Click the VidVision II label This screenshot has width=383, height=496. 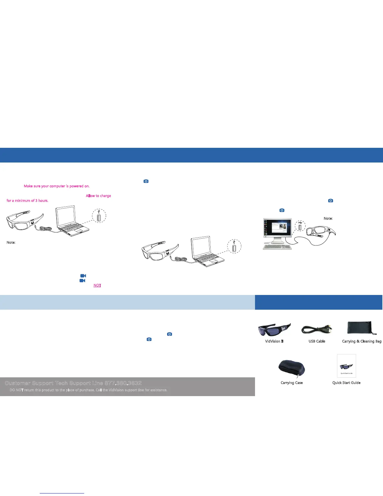point(274,341)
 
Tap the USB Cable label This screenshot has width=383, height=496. point(317,341)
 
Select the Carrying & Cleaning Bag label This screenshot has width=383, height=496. point(362,341)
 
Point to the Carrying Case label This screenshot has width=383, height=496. point(292,383)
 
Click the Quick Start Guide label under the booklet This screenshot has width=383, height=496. point(346,383)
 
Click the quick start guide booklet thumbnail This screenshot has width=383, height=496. point(346,366)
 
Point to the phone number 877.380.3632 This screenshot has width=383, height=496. point(123,383)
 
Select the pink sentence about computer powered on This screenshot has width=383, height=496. point(57,186)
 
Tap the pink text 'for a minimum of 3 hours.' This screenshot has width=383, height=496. point(28,201)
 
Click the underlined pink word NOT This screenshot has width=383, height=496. point(97,286)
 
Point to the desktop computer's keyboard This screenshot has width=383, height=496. point(278,246)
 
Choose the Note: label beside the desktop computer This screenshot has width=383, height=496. point(328,219)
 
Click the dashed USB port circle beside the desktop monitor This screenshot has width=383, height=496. point(300,226)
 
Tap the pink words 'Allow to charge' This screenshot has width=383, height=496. point(98,196)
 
